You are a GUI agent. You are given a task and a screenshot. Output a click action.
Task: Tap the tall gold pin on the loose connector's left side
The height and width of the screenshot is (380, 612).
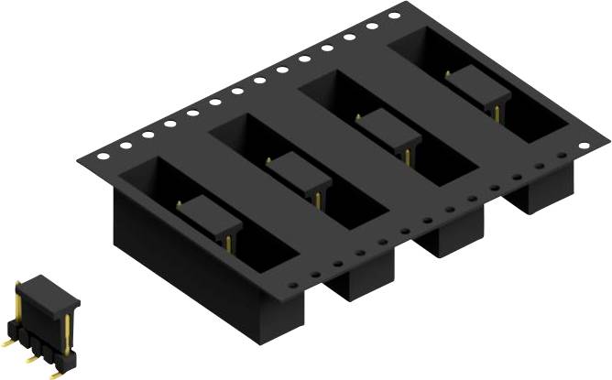tap(19, 308)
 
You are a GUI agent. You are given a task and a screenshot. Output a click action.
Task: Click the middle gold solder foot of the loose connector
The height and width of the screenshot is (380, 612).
tap(33, 358)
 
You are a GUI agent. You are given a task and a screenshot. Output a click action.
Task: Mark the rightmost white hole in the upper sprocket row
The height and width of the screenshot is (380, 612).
tap(394, 16)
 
